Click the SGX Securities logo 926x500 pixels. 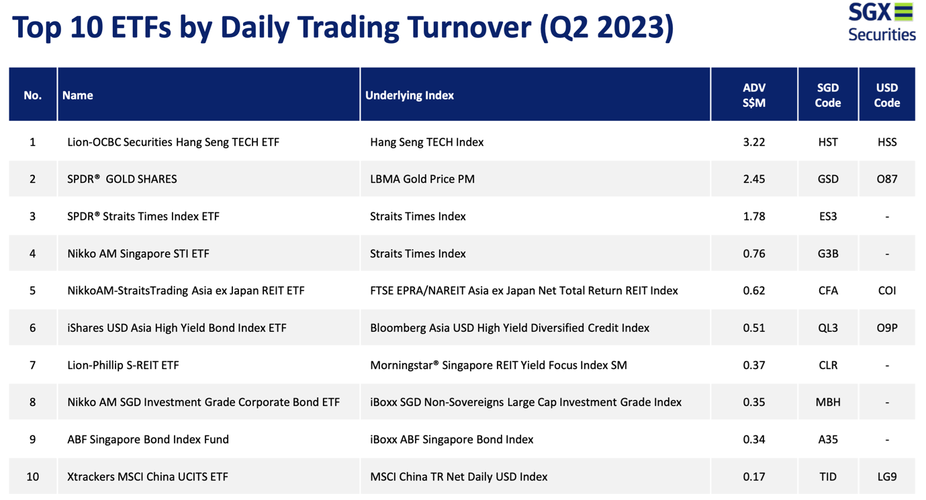pyautogui.click(x=882, y=22)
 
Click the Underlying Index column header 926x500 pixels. pyautogui.click(x=409, y=95)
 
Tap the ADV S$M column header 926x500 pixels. pyautogui.click(x=754, y=95)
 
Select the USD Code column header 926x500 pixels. pyautogui.click(x=887, y=95)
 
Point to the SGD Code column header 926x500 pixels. pyautogui.click(x=827, y=95)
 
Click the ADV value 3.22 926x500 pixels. pyautogui.click(x=754, y=142)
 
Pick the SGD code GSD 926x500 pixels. pyautogui.click(x=828, y=179)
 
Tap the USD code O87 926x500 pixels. pyautogui.click(x=887, y=179)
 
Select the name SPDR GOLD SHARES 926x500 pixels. pyautogui.click(x=122, y=179)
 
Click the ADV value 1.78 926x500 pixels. pyautogui.click(x=754, y=216)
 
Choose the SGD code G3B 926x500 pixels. pyautogui.click(x=828, y=253)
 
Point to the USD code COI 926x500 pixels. pyautogui.click(x=887, y=291)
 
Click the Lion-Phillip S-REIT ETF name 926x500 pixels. pyautogui.click(x=123, y=365)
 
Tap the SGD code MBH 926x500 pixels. pyautogui.click(x=828, y=402)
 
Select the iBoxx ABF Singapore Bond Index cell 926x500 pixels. pyautogui.click(x=451, y=440)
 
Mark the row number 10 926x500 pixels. pyautogui.click(x=33, y=477)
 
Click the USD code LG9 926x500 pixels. pyautogui.click(x=887, y=477)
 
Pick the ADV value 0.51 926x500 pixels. pyautogui.click(x=754, y=328)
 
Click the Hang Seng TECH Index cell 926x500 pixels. pyautogui.click(x=426, y=142)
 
